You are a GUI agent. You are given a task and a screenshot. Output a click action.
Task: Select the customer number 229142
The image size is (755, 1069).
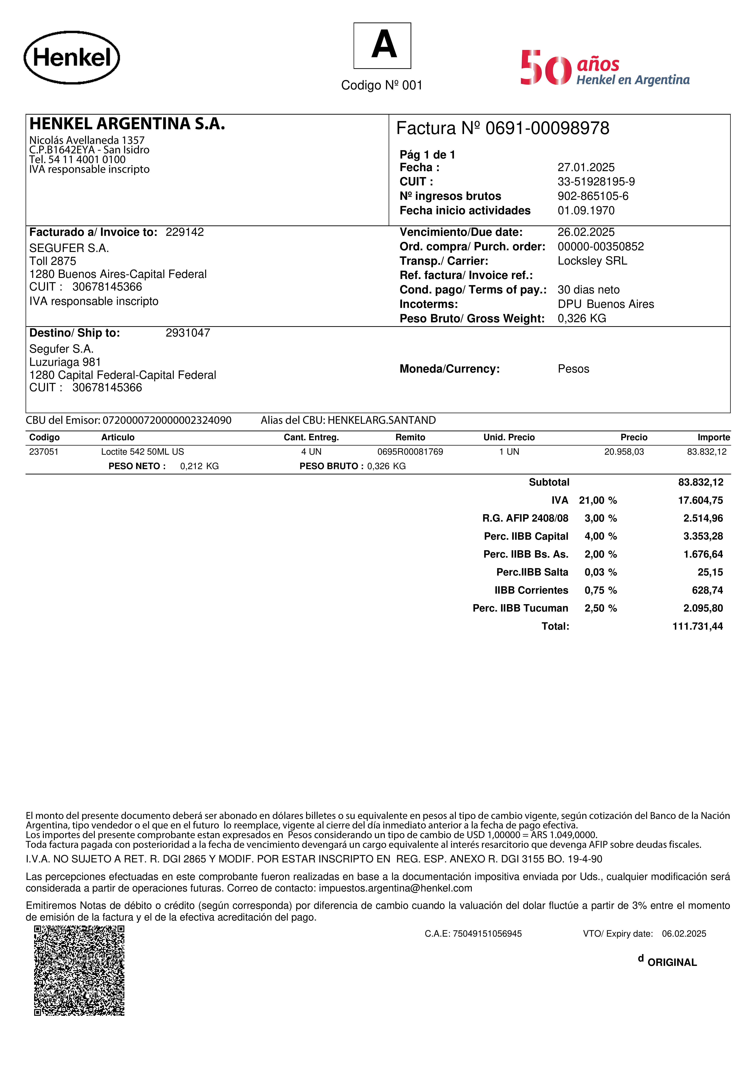pos(185,232)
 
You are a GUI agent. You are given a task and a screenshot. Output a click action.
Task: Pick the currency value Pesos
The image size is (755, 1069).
pos(573,369)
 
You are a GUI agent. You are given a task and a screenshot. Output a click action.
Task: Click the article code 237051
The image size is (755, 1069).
pos(44,452)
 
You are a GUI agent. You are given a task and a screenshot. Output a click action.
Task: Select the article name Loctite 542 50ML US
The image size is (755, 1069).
pos(142,452)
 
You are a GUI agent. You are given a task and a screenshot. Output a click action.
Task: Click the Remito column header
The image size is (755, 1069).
pos(410,437)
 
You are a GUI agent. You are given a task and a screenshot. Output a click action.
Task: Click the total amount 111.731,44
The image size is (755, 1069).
pos(697,626)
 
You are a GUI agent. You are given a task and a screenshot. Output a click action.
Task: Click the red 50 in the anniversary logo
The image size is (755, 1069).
pos(546,68)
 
